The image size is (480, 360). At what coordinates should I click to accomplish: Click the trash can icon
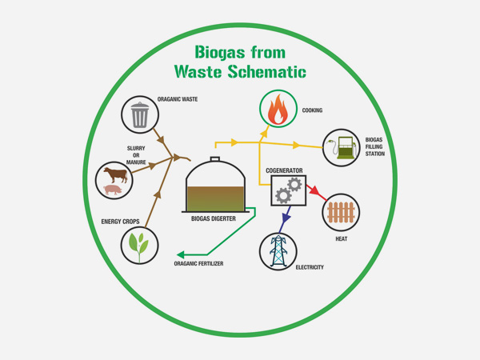click(x=140, y=114)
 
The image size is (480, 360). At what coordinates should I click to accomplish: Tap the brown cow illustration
click(x=114, y=174)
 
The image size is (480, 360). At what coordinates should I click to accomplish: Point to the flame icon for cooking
click(x=278, y=110)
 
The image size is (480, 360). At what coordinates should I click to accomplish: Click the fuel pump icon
click(x=342, y=148)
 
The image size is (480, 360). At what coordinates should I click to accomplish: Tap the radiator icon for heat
click(x=341, y=213)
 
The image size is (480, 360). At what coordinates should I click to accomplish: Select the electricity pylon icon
click(x=278, y=250)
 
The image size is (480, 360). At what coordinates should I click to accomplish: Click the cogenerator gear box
click(x=288, y=190)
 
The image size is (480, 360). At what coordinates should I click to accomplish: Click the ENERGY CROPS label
click(x=121, y=221)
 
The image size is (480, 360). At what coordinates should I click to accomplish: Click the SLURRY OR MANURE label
click(x=135, y=155)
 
